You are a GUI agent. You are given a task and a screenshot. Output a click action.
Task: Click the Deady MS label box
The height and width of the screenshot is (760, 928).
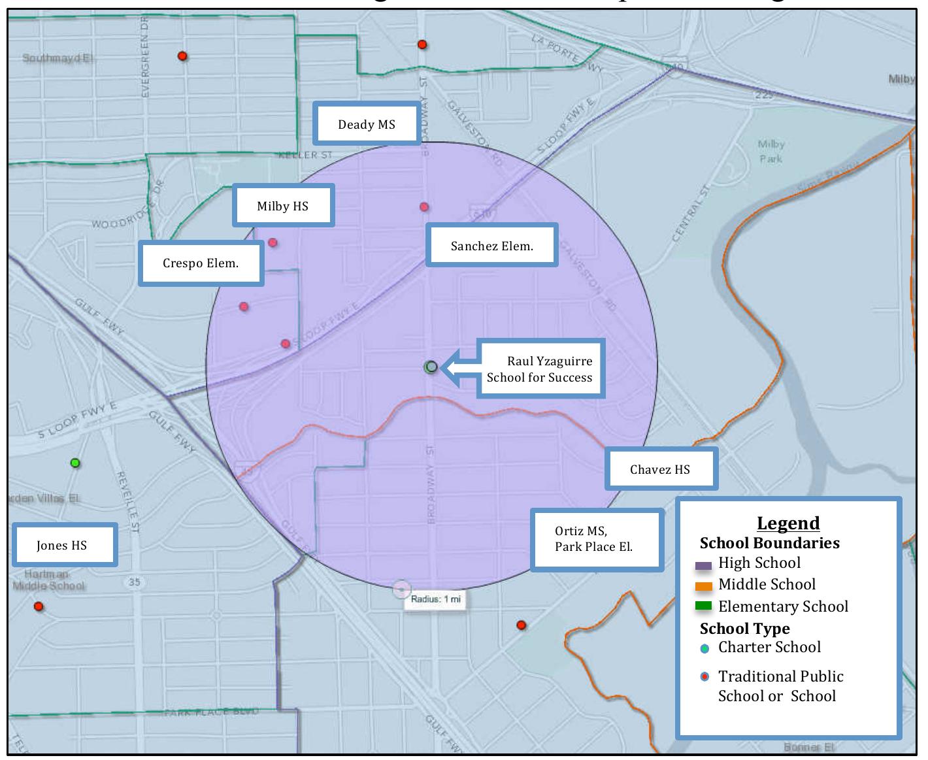[366, 124]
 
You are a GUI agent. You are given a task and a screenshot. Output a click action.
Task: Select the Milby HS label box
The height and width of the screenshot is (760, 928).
[283, 206]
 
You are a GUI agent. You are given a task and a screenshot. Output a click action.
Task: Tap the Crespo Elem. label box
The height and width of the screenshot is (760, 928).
[201, 264]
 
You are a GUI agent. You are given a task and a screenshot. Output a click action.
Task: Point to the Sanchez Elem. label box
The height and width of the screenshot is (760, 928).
[491, 246]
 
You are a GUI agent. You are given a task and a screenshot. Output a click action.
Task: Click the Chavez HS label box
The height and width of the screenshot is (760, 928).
[660, 469]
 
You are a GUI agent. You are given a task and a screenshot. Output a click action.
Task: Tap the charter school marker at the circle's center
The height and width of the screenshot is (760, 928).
[430, 367]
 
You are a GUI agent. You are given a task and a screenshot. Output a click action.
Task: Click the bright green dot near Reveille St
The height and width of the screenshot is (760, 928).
[75, 463]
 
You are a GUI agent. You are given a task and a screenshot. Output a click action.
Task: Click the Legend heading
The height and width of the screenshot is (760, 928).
[788, 523]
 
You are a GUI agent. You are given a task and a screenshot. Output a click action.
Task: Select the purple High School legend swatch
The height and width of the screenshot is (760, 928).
[703, 565]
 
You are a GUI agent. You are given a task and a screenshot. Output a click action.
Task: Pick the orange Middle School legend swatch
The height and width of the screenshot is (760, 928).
[703, 586]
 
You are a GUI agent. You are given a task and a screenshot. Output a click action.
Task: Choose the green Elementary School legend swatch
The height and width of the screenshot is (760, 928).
[703, 607]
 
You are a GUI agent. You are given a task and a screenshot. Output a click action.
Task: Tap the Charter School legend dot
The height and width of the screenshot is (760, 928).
[704, 649]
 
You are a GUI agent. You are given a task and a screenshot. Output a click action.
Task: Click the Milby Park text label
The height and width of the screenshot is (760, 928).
[771, 151]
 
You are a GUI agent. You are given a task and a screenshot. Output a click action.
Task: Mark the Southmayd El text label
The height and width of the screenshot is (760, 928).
[58, 58]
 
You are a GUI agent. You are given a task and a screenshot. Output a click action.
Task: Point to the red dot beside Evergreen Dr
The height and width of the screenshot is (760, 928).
[182, 56]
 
